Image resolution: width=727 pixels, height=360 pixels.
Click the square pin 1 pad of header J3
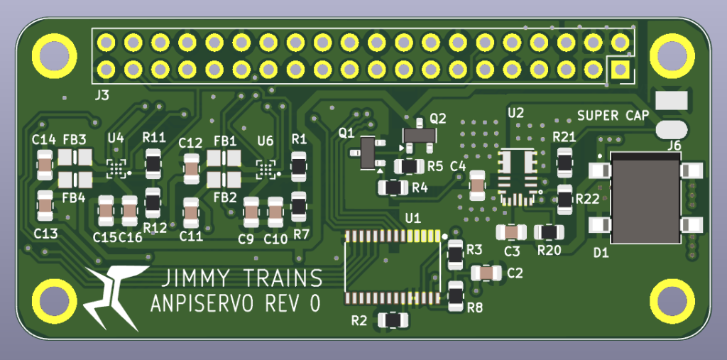[620, 70]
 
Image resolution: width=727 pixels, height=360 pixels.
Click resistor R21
[565, 162]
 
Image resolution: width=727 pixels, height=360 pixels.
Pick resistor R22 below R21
[565, 200]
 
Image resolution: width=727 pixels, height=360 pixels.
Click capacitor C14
[45, 166]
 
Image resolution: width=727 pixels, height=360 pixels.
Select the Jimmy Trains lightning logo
[114, 297]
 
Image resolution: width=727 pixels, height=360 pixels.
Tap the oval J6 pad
[671, 129]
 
